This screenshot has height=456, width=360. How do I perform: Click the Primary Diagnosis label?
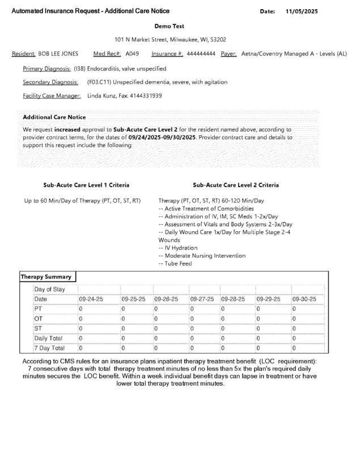click(x=46, y=69)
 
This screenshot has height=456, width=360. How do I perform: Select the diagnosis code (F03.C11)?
click(x=99, y=82)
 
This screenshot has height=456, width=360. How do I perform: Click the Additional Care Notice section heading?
click(x=54, y=117)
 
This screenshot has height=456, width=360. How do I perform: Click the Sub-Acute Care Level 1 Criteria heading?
click(x=86, y=185)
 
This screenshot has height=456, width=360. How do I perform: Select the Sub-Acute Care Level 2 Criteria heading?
click(x=236, y=185)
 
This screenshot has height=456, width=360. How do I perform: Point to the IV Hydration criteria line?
click(x=178, y=248)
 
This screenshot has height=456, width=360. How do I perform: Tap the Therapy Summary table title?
click(x=46, y=277)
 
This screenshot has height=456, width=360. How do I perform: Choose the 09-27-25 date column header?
click(x=202, y=299)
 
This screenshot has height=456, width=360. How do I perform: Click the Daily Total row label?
click(x=49, y=338)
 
